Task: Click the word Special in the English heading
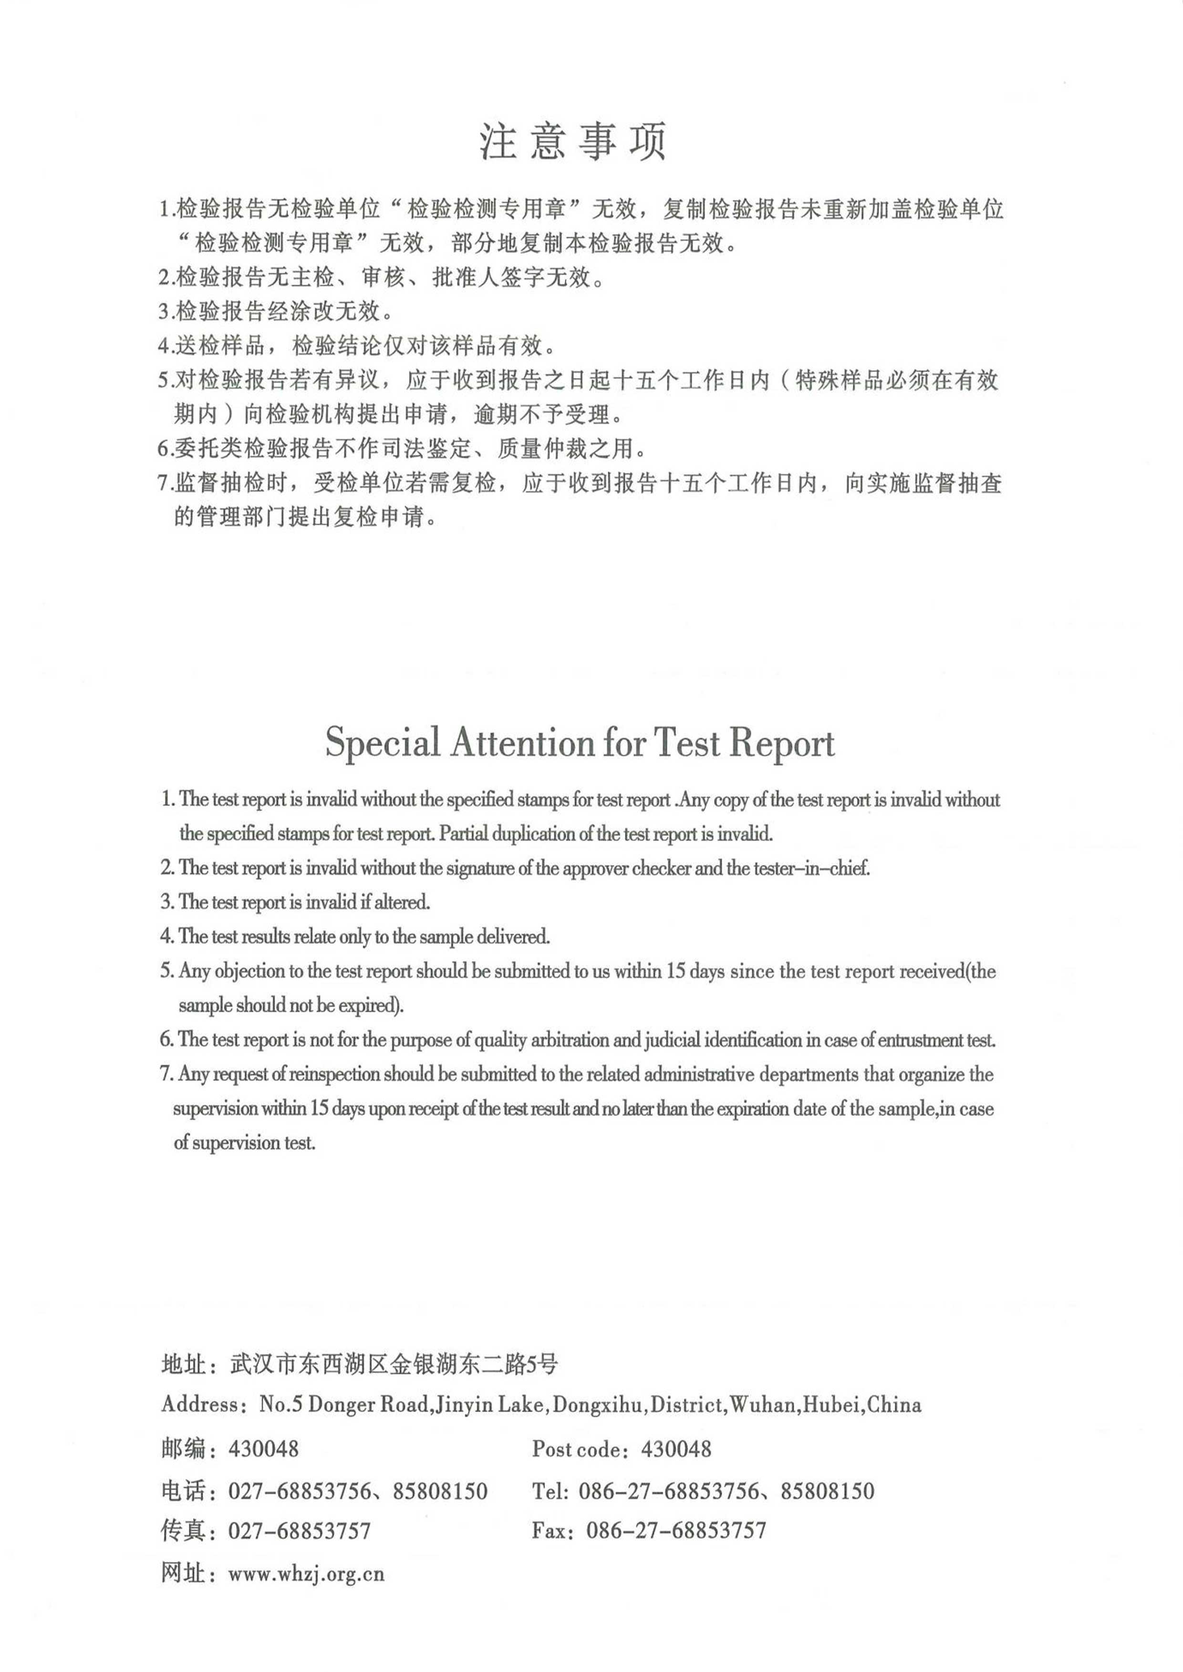click(x=383, y=743)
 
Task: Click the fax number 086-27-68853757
click(x=676, y=1530)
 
